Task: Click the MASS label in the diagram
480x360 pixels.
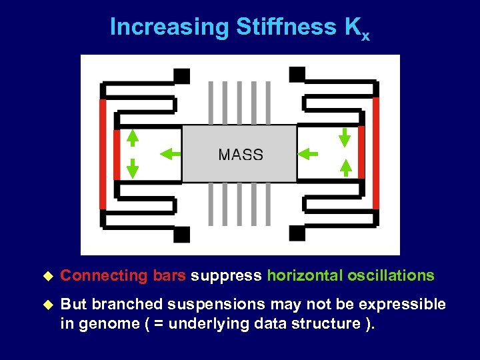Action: [x=241, y=155]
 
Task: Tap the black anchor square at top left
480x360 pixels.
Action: [x=181, y=76]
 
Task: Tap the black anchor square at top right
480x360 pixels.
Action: [x=297, y=74]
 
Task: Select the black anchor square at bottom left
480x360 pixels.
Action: [x=181, y=234]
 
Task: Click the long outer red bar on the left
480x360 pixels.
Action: [x=103, y=155]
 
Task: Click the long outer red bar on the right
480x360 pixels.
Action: [x=376, y=154]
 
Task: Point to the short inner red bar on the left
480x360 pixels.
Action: [x=117, y=154]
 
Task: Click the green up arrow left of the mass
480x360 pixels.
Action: [x=133, y=137]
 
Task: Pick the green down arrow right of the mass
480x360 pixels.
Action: [x=345, y=137]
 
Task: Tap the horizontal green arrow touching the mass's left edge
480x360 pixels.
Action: [x=171, y=154]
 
